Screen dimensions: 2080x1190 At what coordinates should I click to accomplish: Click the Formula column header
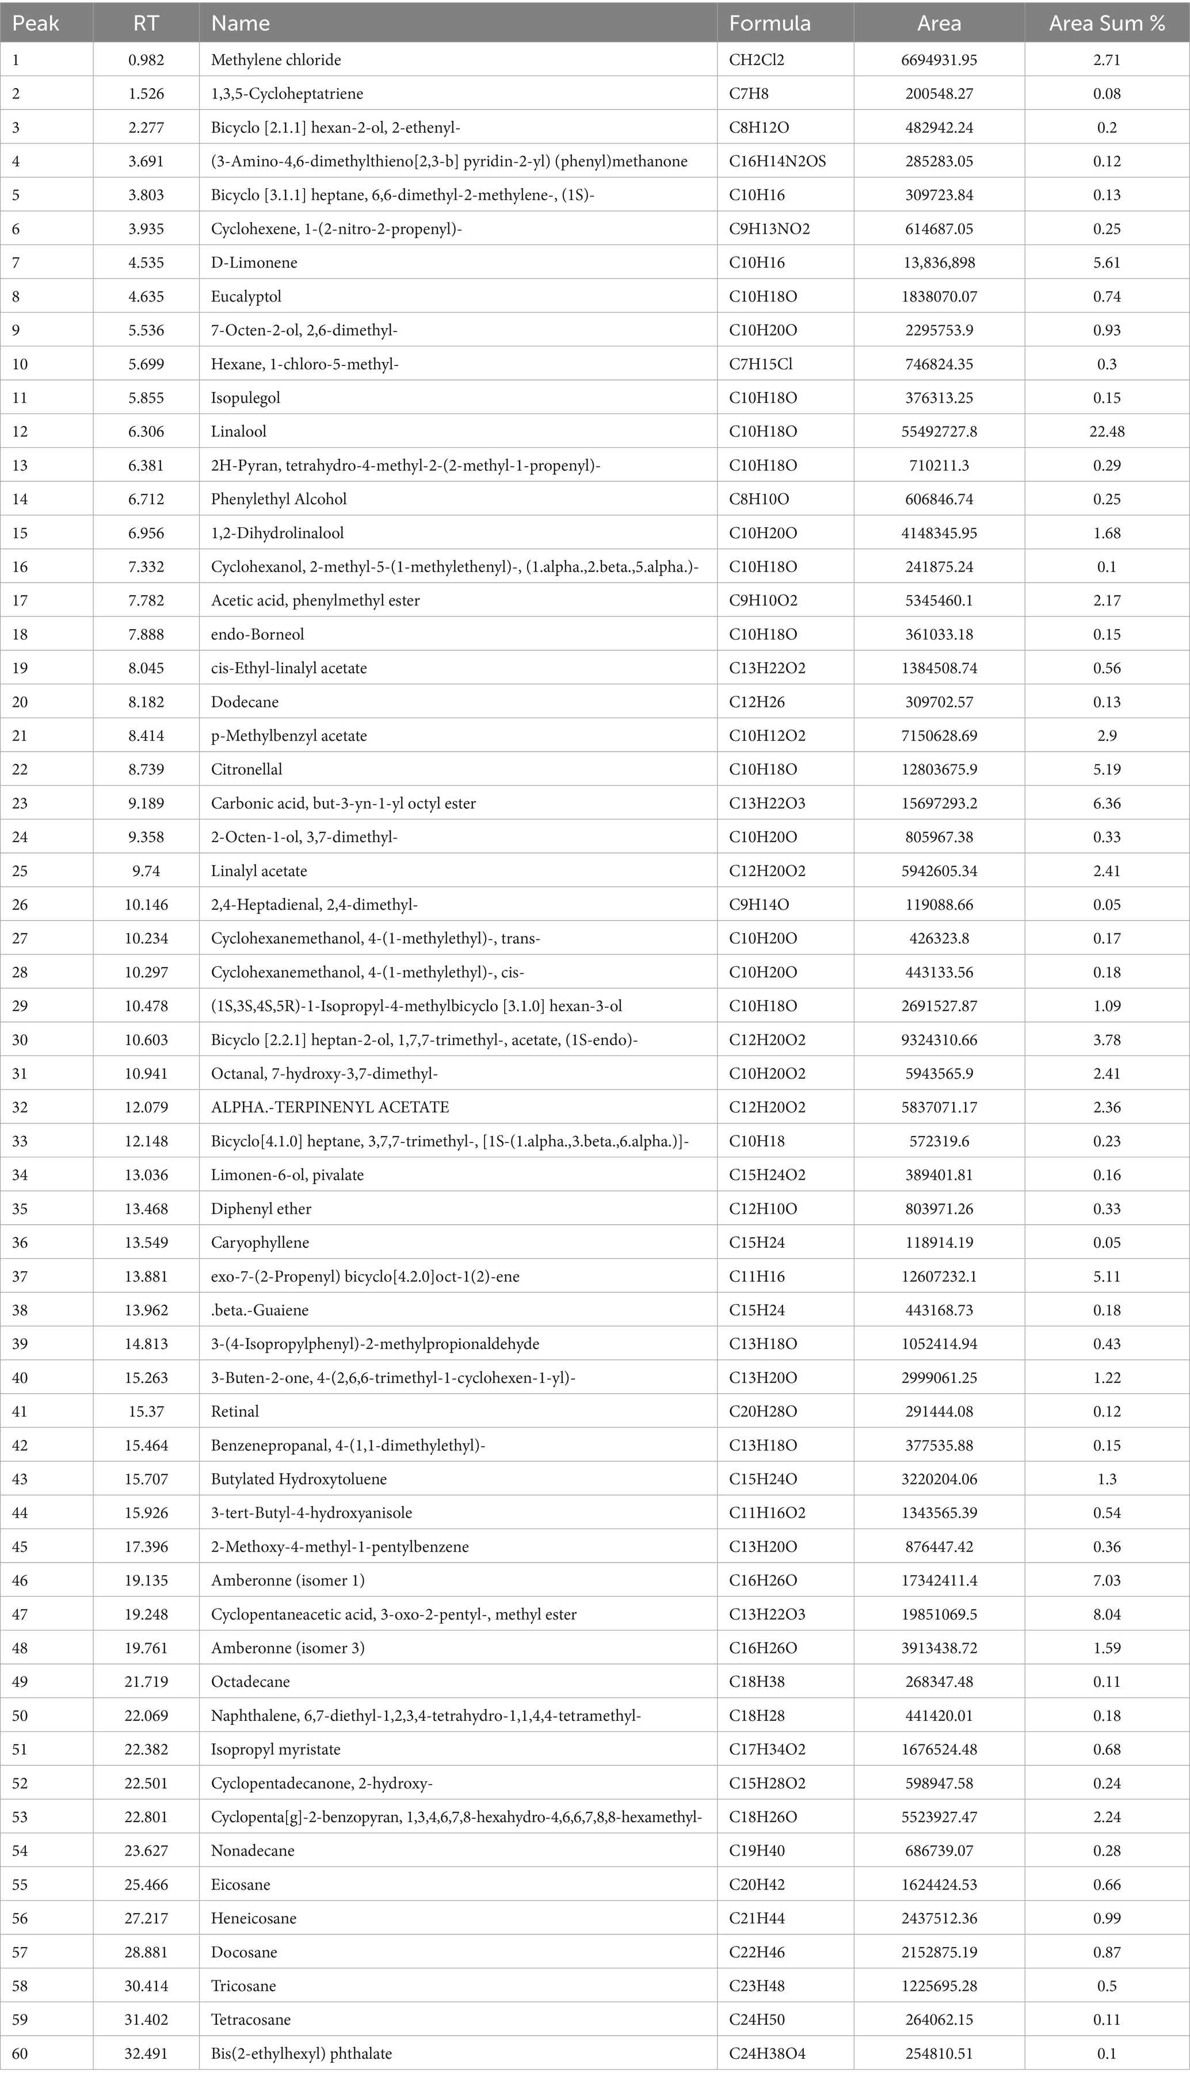tap(769, 24)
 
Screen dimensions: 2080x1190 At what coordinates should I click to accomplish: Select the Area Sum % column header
tap(1107, 24)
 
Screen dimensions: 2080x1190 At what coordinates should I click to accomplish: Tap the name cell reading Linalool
tap(239, 432)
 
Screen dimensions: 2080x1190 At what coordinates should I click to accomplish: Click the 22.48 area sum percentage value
tap(1107, 432)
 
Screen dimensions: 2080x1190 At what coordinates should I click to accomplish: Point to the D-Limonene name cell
tap(254, 262)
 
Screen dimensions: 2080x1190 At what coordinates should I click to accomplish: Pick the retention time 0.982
tap(146, 60)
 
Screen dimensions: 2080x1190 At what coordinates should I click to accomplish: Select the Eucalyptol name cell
tap(246, 296)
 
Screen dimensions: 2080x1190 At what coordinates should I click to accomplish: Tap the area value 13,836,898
tap(939, 262)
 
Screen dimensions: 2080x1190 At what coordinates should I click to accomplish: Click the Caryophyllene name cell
tap(260, 1242)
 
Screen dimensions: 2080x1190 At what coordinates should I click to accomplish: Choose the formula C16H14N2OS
tap(777, 161)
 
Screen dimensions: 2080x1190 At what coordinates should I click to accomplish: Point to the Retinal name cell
tap(235, 1411)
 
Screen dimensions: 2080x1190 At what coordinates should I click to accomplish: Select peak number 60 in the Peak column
tap(20, 2053)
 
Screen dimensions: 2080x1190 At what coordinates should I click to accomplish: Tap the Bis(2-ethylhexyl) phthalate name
tap(302, 2053)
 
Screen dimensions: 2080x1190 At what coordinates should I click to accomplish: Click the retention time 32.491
tap(146, 2053)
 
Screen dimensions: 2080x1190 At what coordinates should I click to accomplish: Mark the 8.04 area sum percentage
tap(1107, 1614)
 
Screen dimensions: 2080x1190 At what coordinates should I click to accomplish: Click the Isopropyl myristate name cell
tap(276, 1750)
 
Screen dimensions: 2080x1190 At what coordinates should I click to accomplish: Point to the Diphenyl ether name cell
tap(261, 1209)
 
